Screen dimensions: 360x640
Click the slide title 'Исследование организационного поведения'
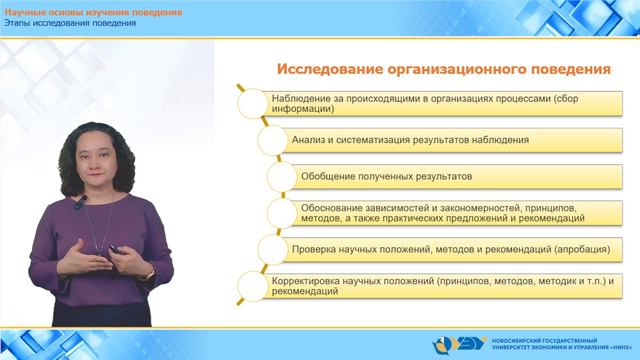[444, 70]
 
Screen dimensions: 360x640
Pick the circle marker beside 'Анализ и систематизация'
[263, 140]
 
